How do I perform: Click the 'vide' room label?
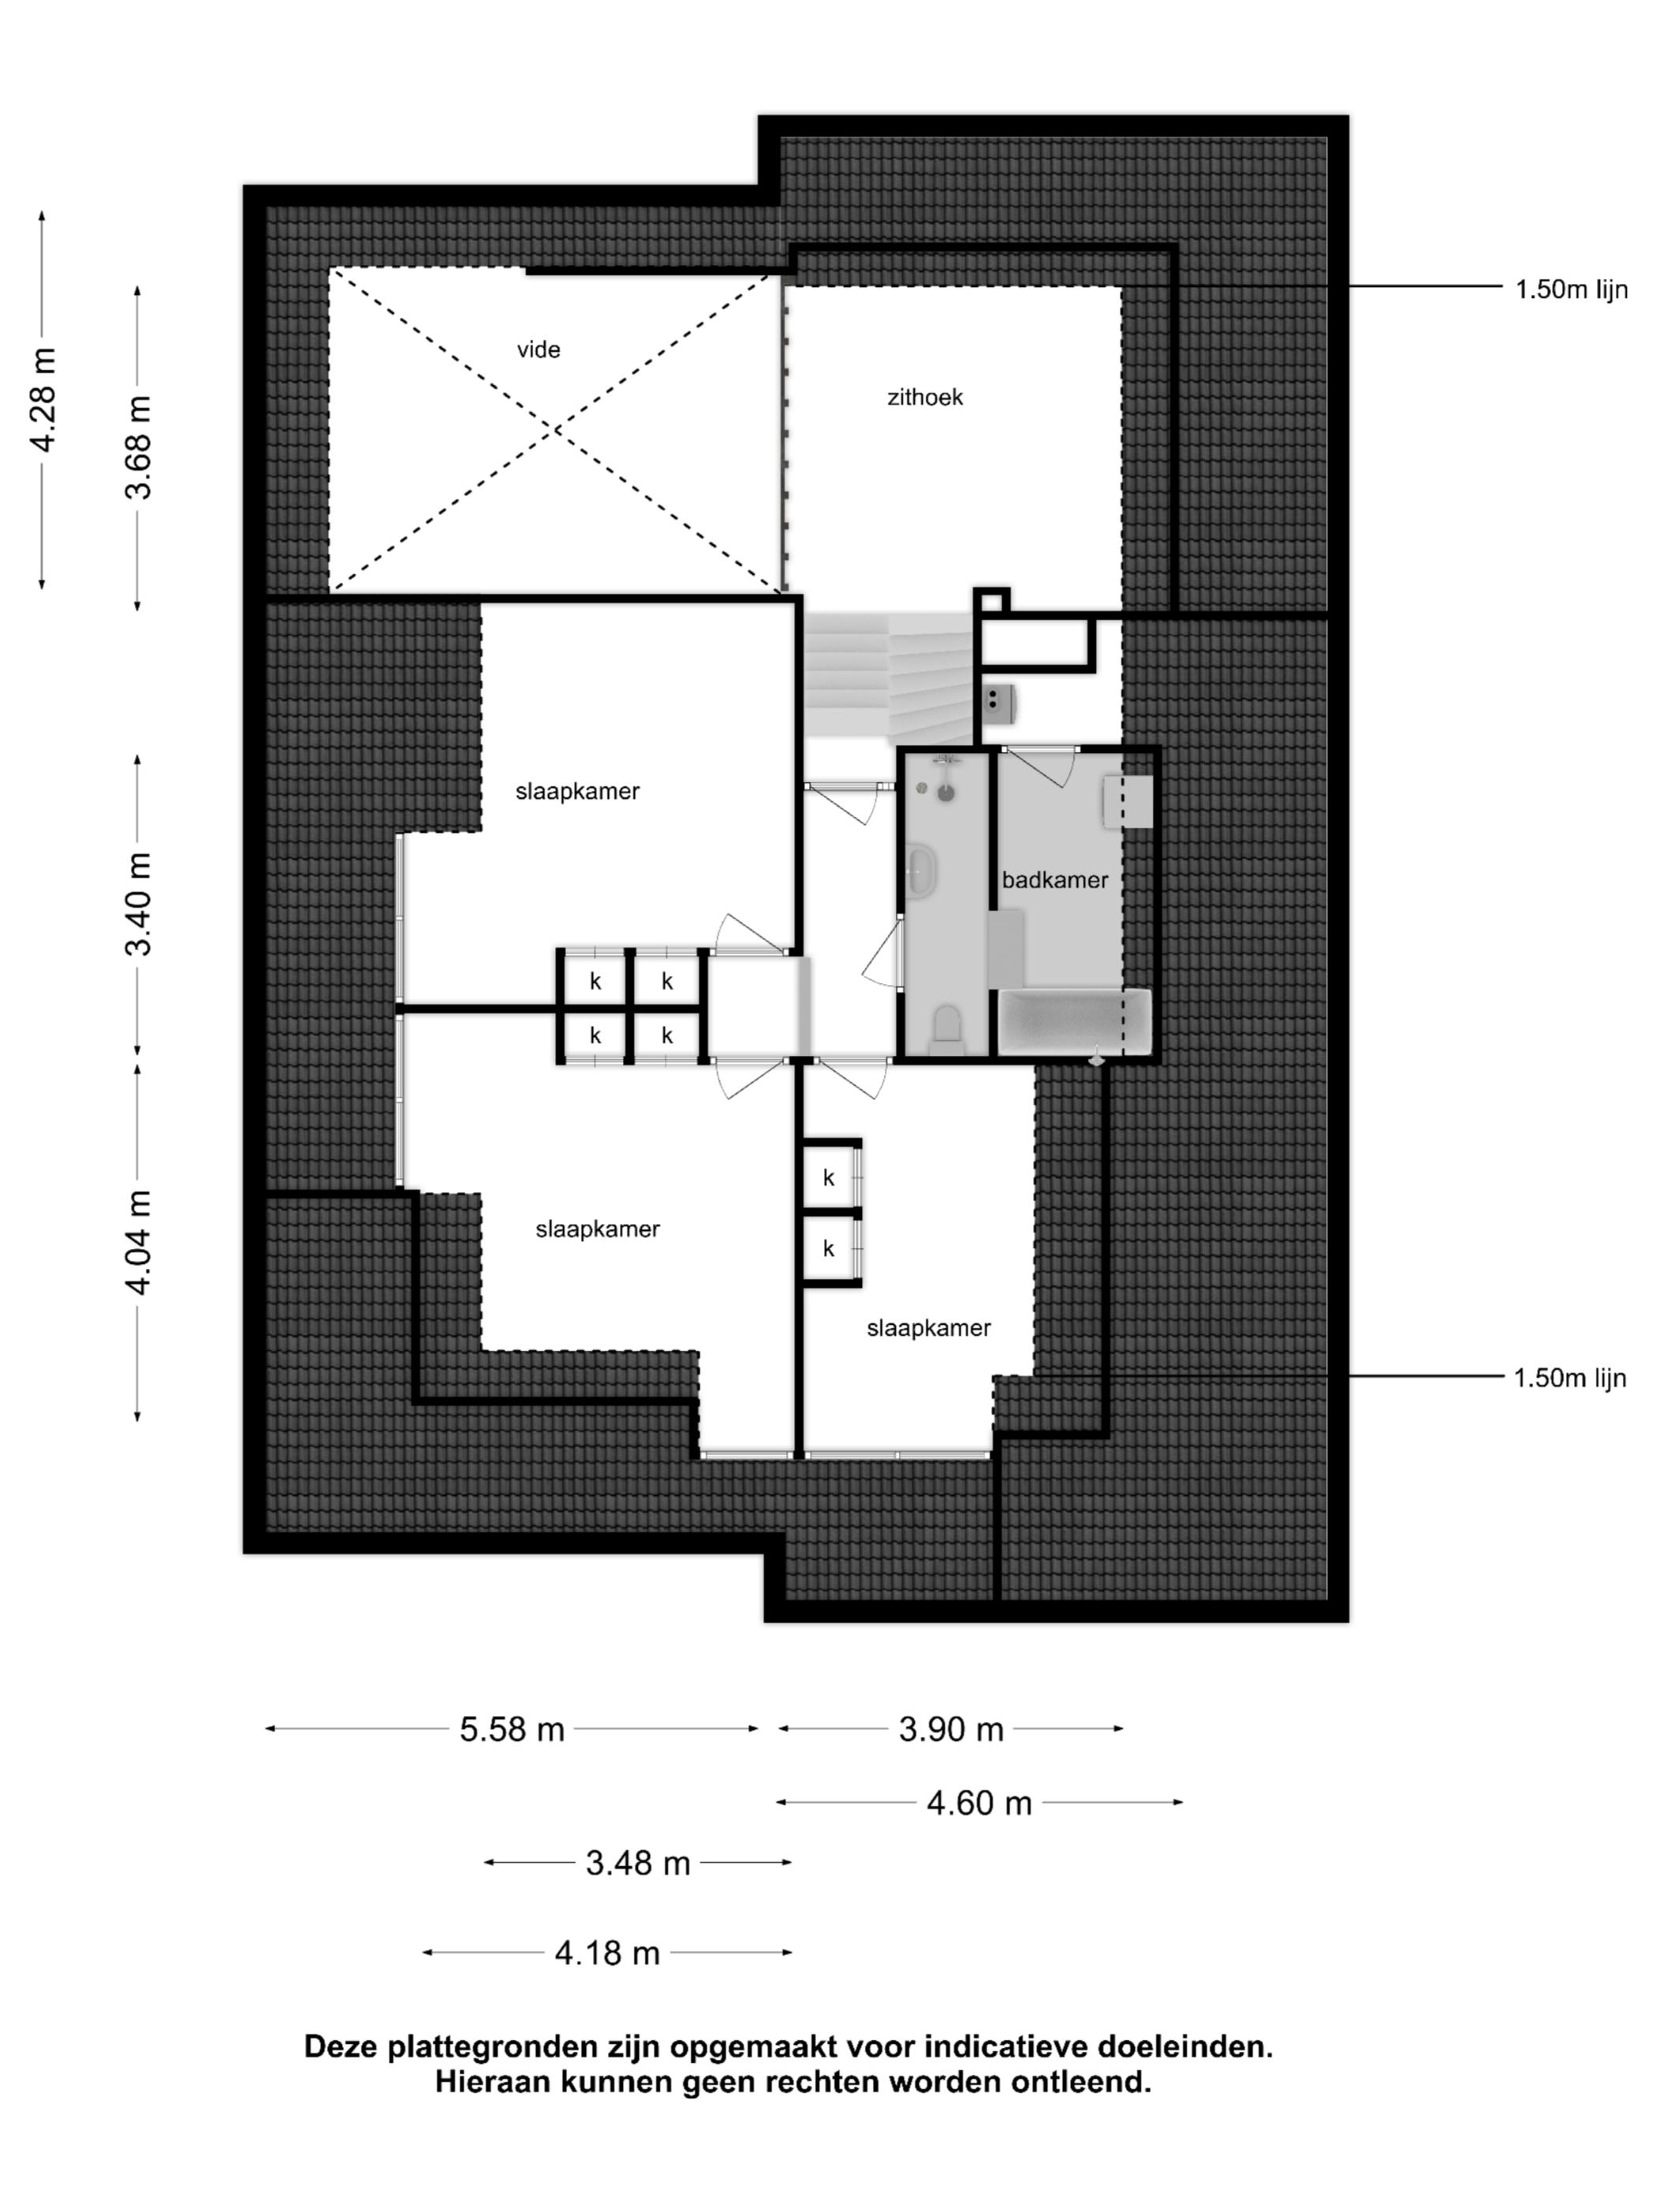click(538, 349)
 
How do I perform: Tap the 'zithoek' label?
click(925, 397)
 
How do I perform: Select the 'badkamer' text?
click(1055, 879)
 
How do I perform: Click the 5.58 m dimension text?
click(512, 1729)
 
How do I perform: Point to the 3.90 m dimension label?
click(951, 1729)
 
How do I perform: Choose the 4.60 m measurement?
click(979, 1803)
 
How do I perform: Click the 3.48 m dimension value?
click(638, 1863)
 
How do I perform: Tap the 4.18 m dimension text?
click(608, 1953)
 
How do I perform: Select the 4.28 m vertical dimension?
click(43, 399)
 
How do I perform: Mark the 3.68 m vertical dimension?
click(138, 447)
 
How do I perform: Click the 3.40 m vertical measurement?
click(138, 904)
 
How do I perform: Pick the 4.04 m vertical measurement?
click(138, 1243)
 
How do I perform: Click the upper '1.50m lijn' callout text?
click(1571, 289)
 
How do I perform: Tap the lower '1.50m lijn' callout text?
click(1570, 1378)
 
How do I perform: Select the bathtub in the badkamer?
click(1075, 1022)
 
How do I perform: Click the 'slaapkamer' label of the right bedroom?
click(928, 1328)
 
